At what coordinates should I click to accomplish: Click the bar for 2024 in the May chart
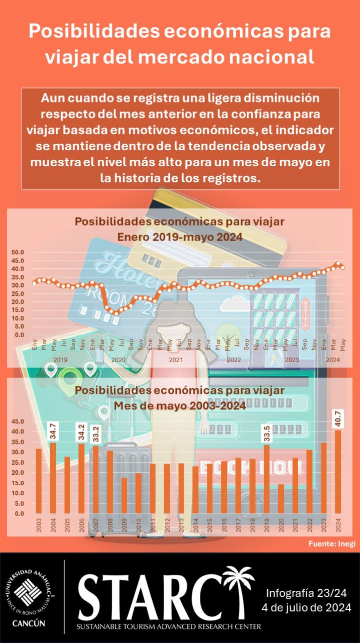(338, 472)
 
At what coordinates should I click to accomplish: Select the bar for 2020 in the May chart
(281, 498)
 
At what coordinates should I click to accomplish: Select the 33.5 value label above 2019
(267, 433)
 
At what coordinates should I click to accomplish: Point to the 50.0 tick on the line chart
(18, 252)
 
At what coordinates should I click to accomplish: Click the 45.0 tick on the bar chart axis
(18, 421)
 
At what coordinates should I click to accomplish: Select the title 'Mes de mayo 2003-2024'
(180, 405)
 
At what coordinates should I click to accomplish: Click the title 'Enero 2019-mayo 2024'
(180, 237)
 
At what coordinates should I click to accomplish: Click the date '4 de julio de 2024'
(306, 608)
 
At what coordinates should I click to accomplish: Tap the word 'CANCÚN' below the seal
(28, 623)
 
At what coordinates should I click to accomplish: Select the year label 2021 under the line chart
(176, 360)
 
